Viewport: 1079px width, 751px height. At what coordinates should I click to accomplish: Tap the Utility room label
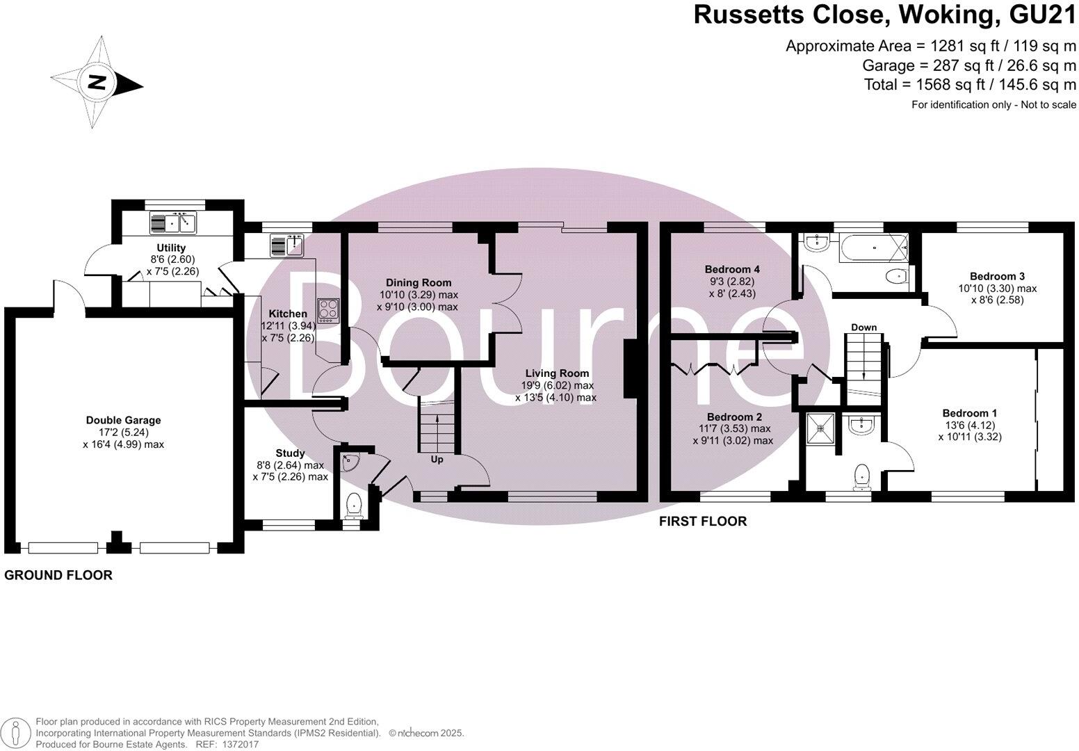pyautogui.click(x=171, y=248)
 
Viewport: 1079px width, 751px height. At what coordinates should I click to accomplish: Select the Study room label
pyautogui.click(x=290, y=453)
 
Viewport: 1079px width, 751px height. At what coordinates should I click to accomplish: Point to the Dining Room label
pyautogui.click(x=419, y=282)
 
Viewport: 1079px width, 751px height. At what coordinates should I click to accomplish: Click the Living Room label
pyautogui.click(x=557, y=373)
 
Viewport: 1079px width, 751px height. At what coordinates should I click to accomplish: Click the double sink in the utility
pyautogui.click(x=174, y=223)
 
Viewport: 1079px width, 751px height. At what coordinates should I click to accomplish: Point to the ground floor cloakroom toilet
pyautogui.click(x=354, y=503)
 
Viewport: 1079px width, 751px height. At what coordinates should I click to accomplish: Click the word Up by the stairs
pyautogui.click(x=437, y=460)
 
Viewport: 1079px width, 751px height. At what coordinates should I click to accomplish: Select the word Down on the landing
pyautogui.click(x=863, y=328)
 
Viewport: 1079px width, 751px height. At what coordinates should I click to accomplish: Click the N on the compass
pyautogui.click(x=97, y=83)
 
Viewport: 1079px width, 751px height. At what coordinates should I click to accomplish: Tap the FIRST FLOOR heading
pyautogui.click(x=702, y=521)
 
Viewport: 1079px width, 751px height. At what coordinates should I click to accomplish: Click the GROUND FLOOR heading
pyautogui.click(x=58, y=575)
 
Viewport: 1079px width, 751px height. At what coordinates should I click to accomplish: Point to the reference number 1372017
pyautogui.click(x=238, y=744)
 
